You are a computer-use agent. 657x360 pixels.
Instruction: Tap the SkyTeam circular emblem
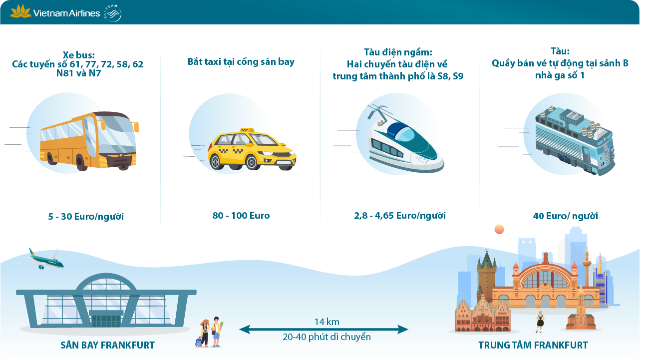[113, 13]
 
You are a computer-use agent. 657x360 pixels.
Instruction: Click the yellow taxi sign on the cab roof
[247, 130]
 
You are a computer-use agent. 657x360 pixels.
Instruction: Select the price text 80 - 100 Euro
[241, 216]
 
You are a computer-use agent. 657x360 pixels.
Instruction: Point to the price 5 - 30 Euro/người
[86, 217]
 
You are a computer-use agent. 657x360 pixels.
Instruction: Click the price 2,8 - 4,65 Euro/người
[400, 216]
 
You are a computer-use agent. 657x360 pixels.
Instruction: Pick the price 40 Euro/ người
[565, 216]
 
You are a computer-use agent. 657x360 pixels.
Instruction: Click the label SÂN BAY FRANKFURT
[108, 346]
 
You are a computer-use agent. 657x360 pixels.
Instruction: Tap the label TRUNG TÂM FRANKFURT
[533, 346]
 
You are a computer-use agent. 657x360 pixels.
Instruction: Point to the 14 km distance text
[327, 322]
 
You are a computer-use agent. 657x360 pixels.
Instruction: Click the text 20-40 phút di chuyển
[327, 337]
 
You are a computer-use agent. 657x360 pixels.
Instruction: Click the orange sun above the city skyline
[499, 229]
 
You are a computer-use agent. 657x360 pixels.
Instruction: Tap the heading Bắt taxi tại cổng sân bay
[241, 62]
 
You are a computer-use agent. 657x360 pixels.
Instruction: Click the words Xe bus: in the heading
[78, 55]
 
